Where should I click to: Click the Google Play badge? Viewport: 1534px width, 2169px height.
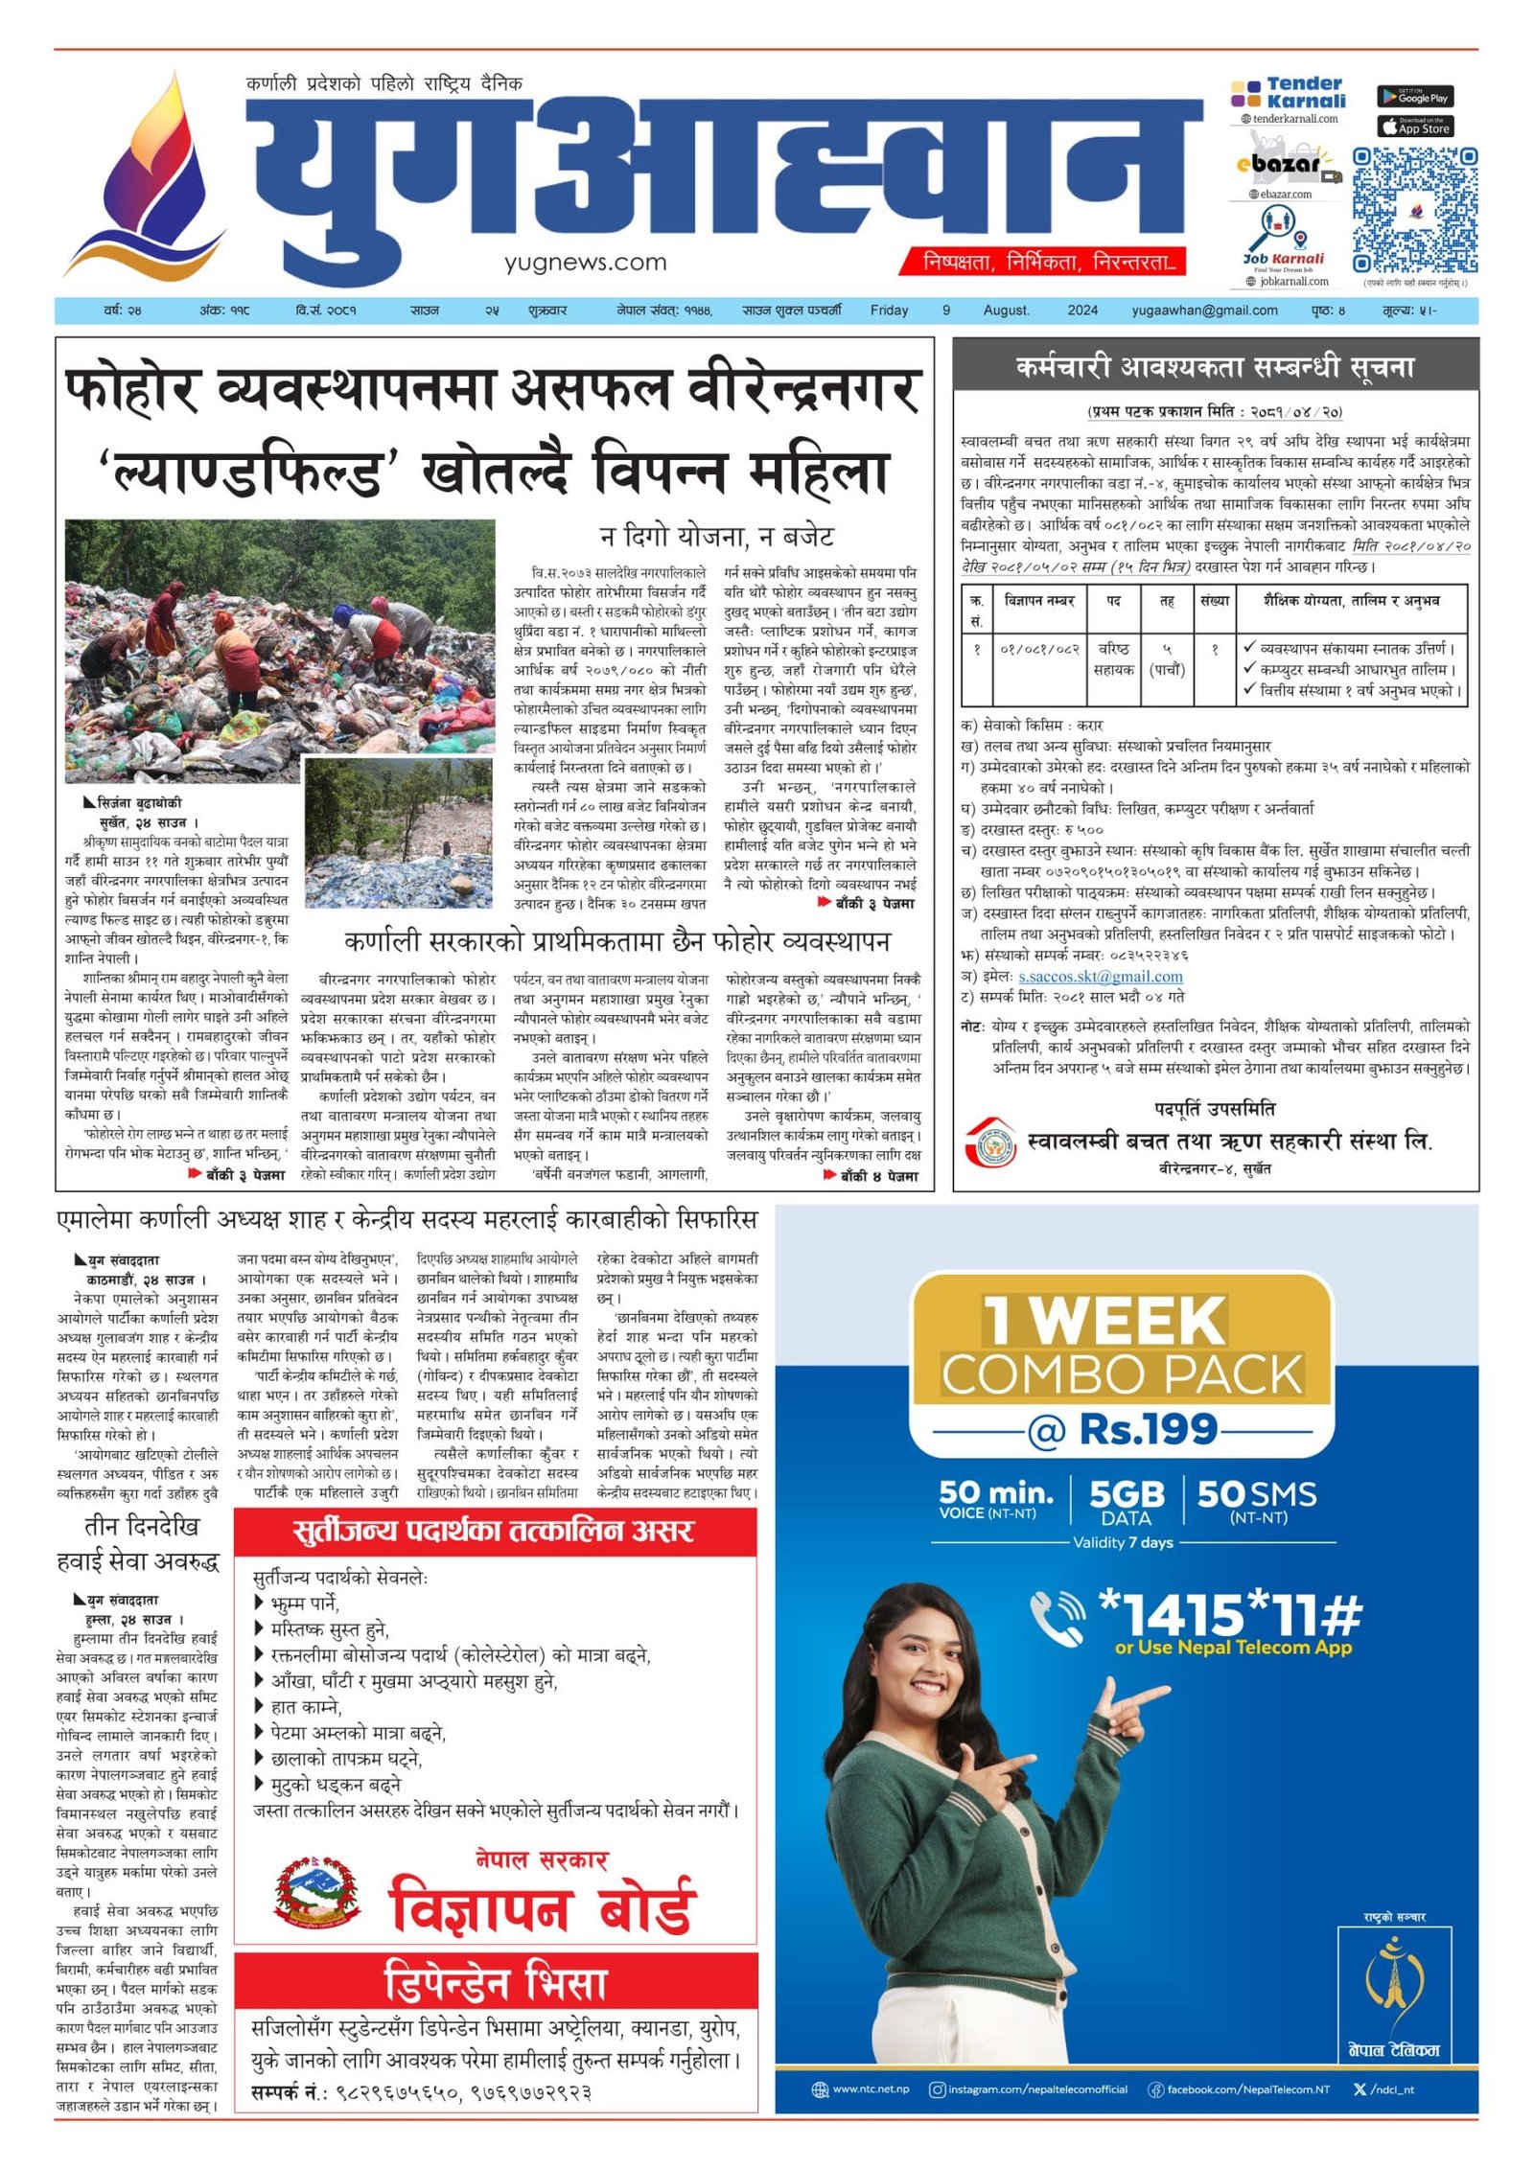(1414, 97)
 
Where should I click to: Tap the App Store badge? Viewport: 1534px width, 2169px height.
(1414, 127)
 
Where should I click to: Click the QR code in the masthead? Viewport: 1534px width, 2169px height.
(1413, 210)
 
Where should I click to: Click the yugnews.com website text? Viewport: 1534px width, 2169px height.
(585, 262)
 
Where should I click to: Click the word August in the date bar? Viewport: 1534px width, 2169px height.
(1006, 311)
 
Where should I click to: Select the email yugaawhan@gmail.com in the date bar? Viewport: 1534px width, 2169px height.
(1204, 311)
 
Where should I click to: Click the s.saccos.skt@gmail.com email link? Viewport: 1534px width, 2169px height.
(1100, 977)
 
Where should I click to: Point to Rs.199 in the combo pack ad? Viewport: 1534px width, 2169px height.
(1148, 1429)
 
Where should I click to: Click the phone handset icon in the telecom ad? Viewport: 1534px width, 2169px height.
(1057, 1616)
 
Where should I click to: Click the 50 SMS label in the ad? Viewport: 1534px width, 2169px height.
(1257, 1499)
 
